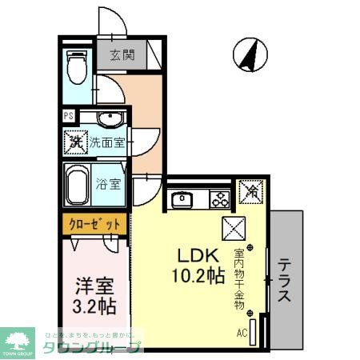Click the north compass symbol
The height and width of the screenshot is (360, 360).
249,54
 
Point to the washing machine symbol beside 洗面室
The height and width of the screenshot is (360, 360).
75,144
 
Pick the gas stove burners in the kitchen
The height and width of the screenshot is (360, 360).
218,198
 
